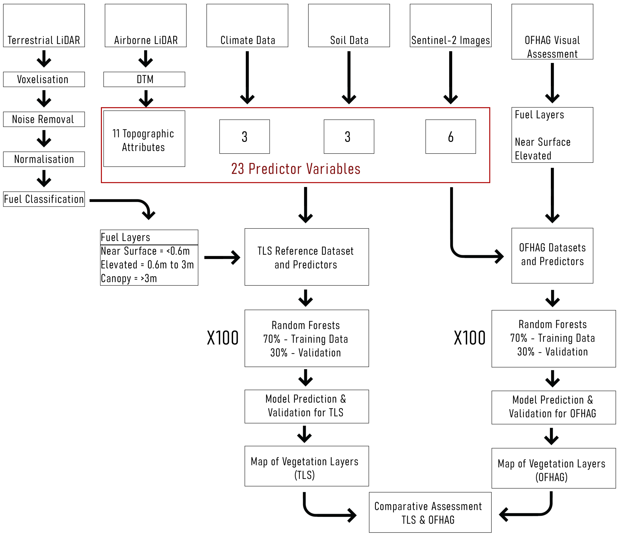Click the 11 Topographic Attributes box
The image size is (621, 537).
click(x=144, y=139)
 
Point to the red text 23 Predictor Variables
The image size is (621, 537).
click(x=296, y=169)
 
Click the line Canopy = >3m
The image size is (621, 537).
click(x=129, y=279)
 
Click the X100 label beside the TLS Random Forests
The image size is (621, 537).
click(x=222, y=338)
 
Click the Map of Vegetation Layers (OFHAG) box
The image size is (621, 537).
click(x=553, y=468)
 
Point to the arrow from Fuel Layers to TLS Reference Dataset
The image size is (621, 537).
click(x=222, y=258)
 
